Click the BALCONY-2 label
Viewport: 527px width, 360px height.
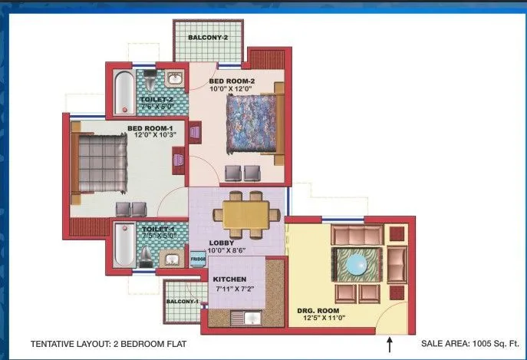tap(209, 37)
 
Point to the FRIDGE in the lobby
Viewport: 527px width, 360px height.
tap(198, 260)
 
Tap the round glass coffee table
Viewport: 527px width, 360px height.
tap(357, 264)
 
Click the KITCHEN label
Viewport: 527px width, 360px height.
tap(229, 279)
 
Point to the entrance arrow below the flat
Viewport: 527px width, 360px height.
tap(390, 345)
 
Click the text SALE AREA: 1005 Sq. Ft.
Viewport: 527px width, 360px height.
tap(469, 345)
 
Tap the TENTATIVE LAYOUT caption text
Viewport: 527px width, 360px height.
tap(108, 345)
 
